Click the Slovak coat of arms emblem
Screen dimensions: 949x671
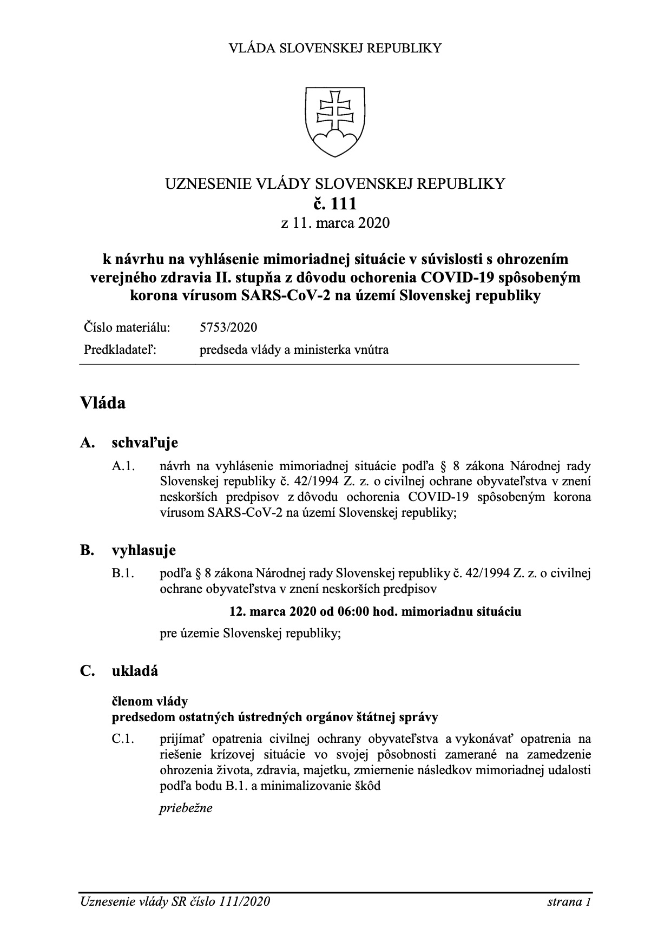coord(335,121)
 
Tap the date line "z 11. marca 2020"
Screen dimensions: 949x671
coord(335,222)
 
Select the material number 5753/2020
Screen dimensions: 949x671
coord(228,327)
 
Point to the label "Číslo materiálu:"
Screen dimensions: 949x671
coord(127,327)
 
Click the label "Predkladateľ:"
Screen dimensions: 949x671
coord(120,350)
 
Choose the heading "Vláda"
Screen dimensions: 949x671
coord(103,403)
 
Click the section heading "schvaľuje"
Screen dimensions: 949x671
coord(144,443)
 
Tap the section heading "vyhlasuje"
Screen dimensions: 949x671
coord(143,551)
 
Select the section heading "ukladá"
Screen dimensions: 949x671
coord(135,671)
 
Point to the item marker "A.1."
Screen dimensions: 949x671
coord(123,466)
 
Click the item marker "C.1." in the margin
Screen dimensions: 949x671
coord(123,739)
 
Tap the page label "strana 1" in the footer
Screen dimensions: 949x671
coord(568,901)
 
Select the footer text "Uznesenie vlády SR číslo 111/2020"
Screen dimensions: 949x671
coord(175,901)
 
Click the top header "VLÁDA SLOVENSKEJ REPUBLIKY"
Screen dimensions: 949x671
coord(335,48)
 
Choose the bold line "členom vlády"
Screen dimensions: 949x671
coord(150,701)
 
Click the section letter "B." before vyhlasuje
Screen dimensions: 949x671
coord(87,551)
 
